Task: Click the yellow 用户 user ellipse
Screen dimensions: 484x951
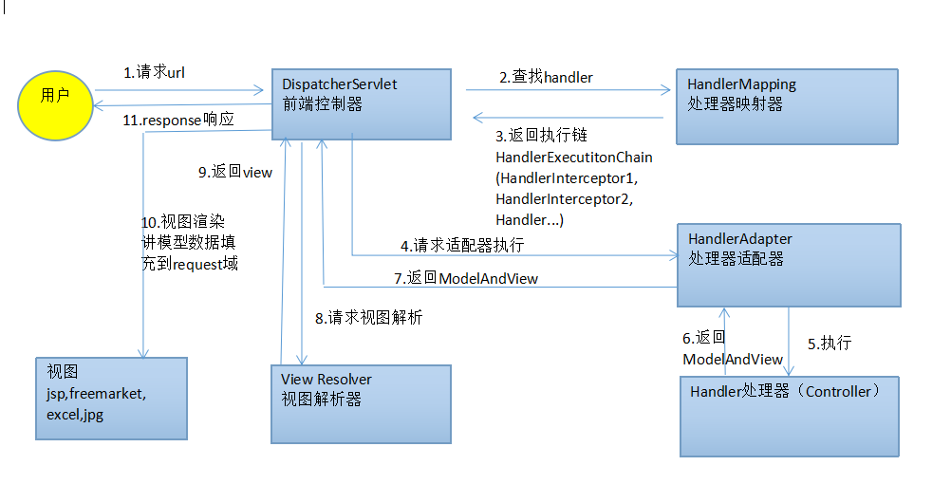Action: coord(54,98)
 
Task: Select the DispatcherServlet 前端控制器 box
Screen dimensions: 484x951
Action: coord(361,103)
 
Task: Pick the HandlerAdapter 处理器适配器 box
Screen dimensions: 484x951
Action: coord(788,265)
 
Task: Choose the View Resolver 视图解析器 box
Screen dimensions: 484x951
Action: coord(361,404)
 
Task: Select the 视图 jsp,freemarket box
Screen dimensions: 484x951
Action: coord(111,398)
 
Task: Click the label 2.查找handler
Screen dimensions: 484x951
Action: coord(547,77)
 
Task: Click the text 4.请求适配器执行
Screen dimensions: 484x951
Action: coord(462,245)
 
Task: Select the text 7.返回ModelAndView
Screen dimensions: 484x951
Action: coord(466,278)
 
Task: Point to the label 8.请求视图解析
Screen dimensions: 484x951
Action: coord(369,318)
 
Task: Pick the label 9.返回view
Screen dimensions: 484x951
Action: coord(235,172)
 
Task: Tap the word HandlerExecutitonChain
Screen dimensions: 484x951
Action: coord(574,157)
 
